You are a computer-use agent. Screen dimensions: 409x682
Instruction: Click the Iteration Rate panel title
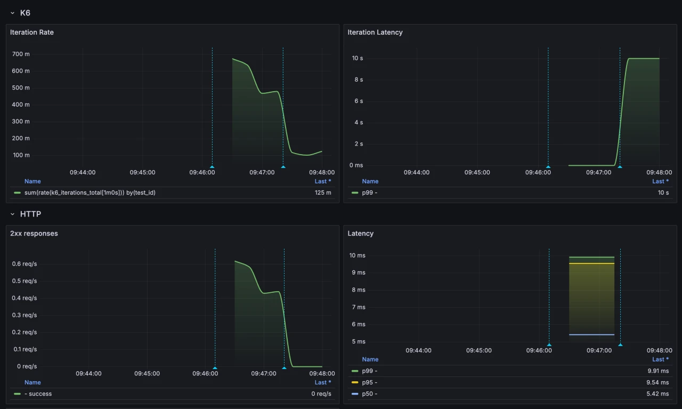(32, 33)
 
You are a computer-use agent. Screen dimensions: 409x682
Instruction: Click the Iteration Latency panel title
(375, 33)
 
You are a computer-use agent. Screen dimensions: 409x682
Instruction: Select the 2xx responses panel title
(34, 234)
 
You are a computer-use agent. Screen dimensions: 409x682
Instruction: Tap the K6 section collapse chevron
(13, 13)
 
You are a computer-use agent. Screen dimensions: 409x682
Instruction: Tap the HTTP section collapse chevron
(13, 214)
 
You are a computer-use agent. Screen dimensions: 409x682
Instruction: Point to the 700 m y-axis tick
(21, 54)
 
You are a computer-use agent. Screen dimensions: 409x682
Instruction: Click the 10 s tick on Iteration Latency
(357, 58)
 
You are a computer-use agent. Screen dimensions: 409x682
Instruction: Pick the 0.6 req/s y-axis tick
(25, 264)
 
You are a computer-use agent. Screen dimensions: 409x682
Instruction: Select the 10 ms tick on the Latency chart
(357, 255)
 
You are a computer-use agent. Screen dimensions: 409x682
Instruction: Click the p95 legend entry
(369, 382)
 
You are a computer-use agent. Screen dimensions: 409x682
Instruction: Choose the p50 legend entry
(369, 394)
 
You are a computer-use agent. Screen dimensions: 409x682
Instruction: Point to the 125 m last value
(323, 193)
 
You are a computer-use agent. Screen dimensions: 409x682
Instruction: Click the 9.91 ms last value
(657, 371)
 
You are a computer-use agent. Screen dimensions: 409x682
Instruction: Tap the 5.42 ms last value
(657, 394)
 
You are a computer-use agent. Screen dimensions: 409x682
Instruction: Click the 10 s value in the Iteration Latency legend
(663, 193)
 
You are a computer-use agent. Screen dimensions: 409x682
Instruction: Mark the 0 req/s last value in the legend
(321, 394)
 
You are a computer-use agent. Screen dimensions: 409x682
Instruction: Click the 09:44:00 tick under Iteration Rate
(83, 172)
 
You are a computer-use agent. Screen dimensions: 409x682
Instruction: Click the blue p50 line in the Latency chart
(591, 335)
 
